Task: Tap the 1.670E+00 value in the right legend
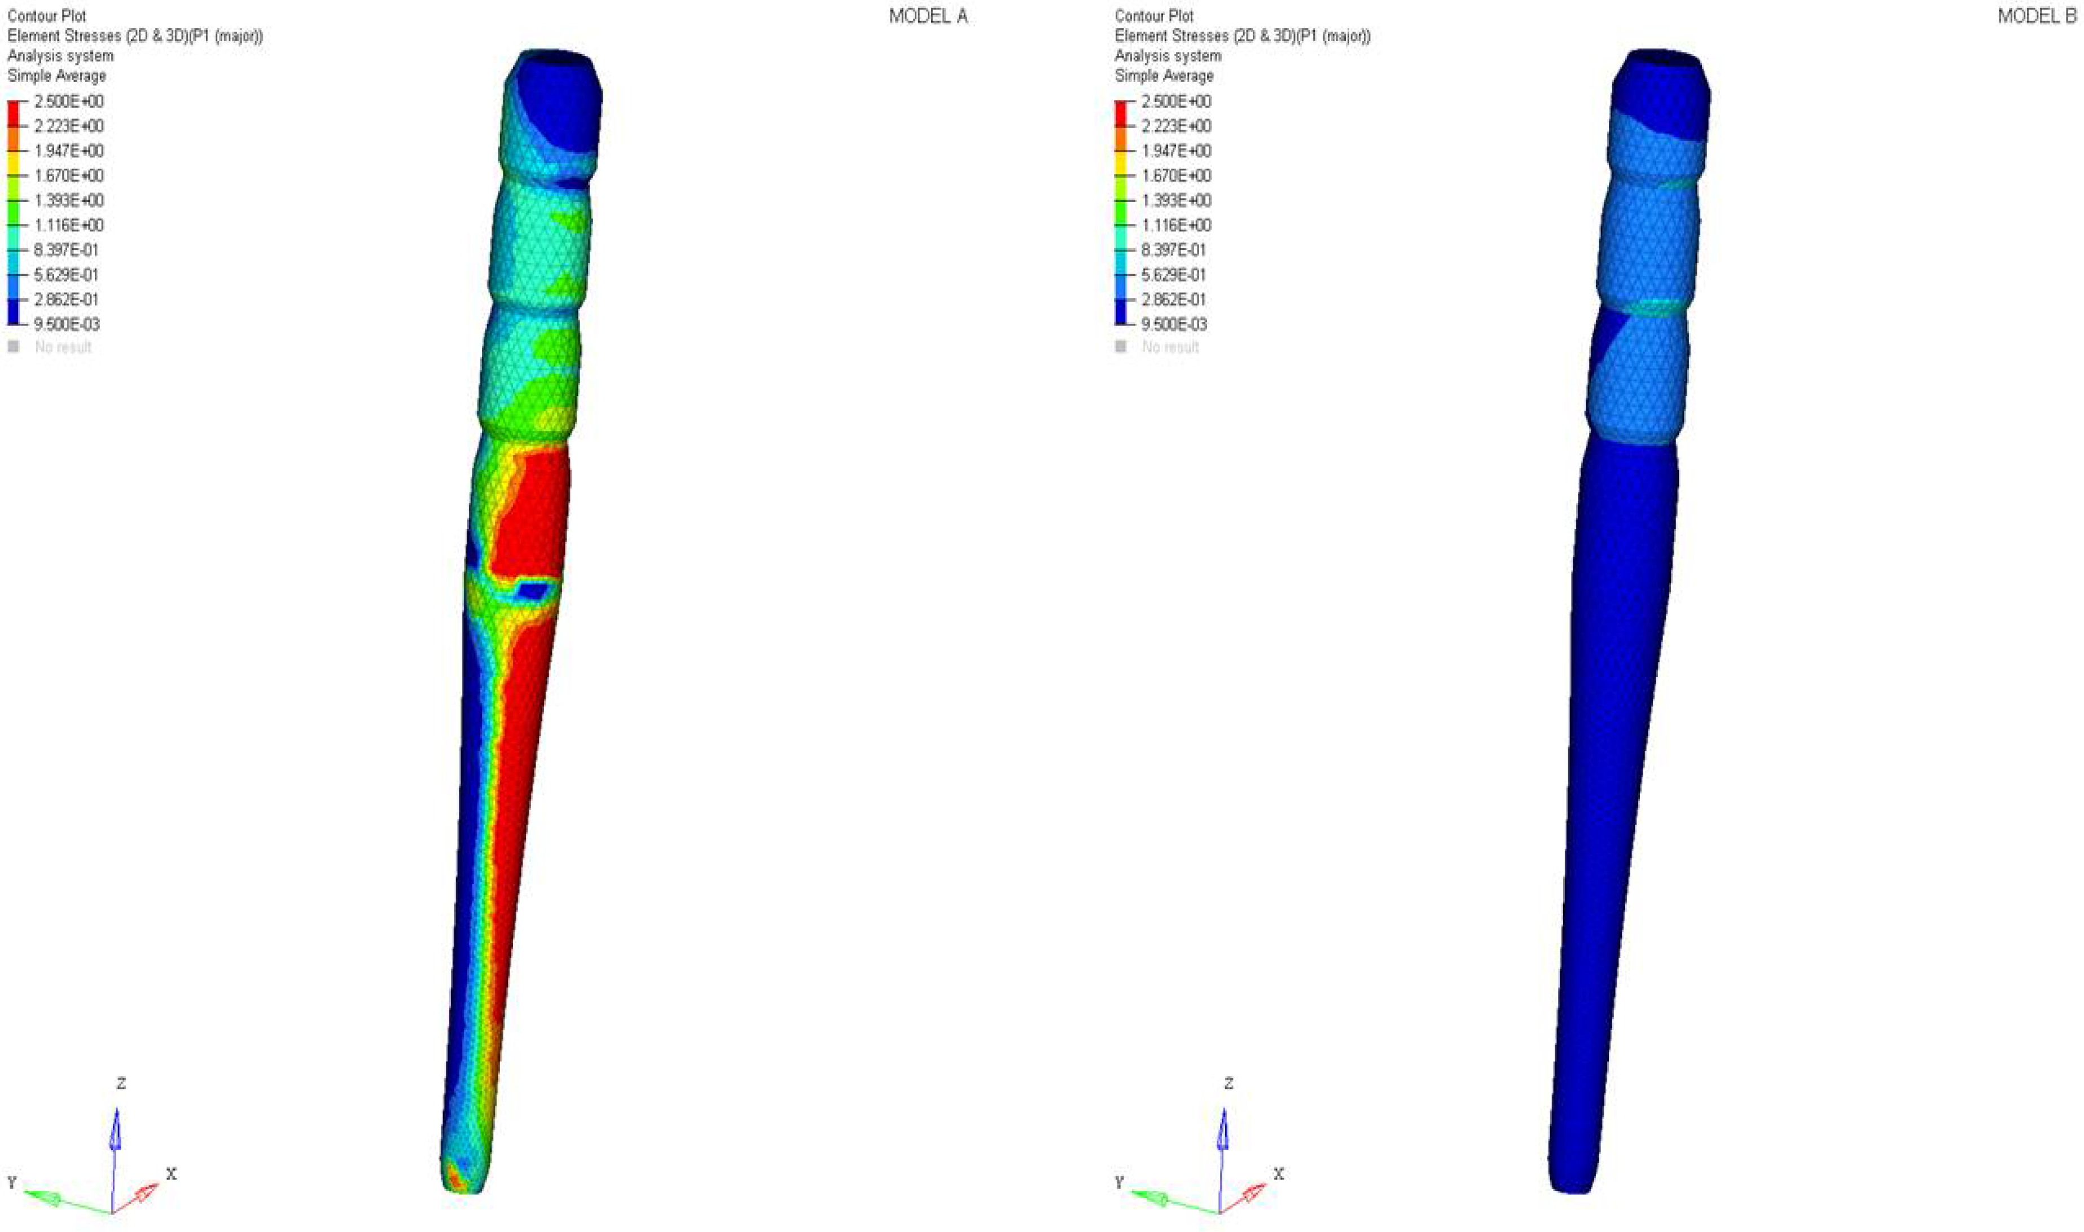[1175, 175]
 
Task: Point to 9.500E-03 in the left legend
[67, 324]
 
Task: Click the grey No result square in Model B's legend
[1121, 347]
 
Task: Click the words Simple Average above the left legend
[56, 76]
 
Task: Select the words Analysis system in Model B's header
[1168, 56]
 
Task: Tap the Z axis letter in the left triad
[121, 1084]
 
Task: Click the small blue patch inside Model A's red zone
[532, 590]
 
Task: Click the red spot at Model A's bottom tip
[455, 1176]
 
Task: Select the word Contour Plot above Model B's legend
[1153, 16]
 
